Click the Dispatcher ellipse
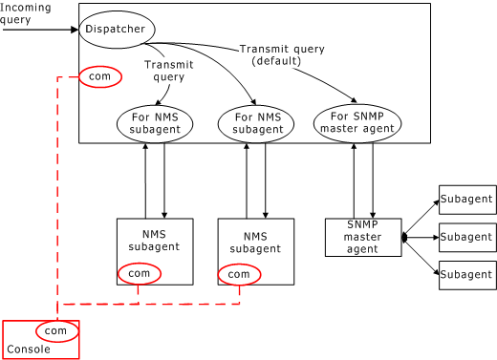pyautogui.click(x=116, y=30)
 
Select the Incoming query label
pyautogui.click(x=26, y=13)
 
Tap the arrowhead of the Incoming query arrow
pyautogui.click(x=75, y=30)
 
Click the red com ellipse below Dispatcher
pyautogui.click(x=100, y=76)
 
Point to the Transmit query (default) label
pyautogui.click(x=282, y=54)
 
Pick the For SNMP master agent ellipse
pyautogui.click(x=357, y=123)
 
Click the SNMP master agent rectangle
pyautogui.click(x=363, y=237)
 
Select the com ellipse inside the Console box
pyautogui.click(x=56, y=330)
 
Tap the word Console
pyautogui.click(x=29, y=349)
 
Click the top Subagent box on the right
pyautogui.click(x=467, y=200)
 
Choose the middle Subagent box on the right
pyautogui.click(x=467, y=237)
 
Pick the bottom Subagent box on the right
pyautogui.click(x=467, y=274)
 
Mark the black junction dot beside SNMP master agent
pyautogui.click(x=404, y=237)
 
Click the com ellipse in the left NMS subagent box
pyautogui.click(x=140, y=274)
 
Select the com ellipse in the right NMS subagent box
pyautogui.click(x=239, y=274)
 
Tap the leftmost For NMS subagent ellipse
pyautogui.click(x=155, y=123)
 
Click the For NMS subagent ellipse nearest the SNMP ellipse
pyautogui.click(x=256, y=123)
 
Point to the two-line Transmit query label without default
pyautogui.click(x=169, y=71)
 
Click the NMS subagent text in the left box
pyautogui.click(x=154, y=240)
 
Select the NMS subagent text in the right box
pyautogui.click(x=255, y=242)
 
